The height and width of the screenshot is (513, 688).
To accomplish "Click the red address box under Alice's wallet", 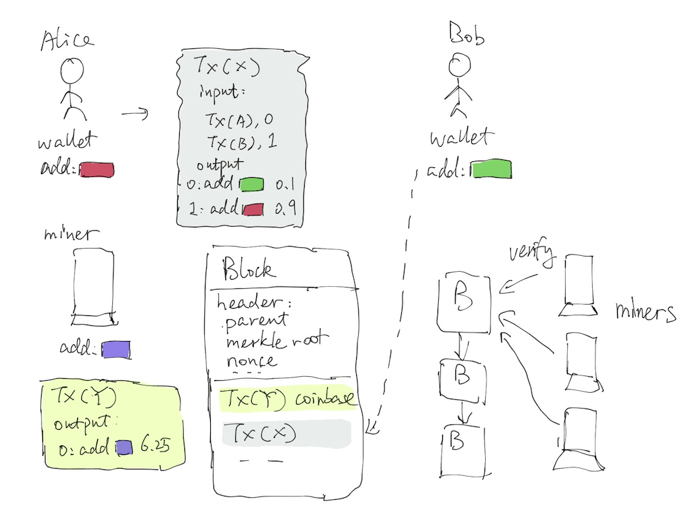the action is coord(97,169).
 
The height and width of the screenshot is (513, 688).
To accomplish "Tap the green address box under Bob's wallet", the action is coord(492,169).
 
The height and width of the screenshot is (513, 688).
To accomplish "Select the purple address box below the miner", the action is coord(116,349).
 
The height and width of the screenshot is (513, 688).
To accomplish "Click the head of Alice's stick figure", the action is coord(73,69).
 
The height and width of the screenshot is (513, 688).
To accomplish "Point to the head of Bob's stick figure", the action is coord(458,64).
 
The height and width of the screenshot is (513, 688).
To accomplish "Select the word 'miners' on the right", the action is coord(645,311).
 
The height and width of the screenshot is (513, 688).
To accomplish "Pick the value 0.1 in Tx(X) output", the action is coord(285,184).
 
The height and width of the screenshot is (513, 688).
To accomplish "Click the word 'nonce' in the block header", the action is coord(252,361).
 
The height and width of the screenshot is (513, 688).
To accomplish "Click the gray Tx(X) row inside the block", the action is coord(286,433).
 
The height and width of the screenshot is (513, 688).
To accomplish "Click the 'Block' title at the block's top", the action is coord(250,269).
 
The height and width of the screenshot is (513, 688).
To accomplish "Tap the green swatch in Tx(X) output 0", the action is coord(251,184).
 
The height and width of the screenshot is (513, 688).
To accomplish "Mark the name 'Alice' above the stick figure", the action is coord(67,40).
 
